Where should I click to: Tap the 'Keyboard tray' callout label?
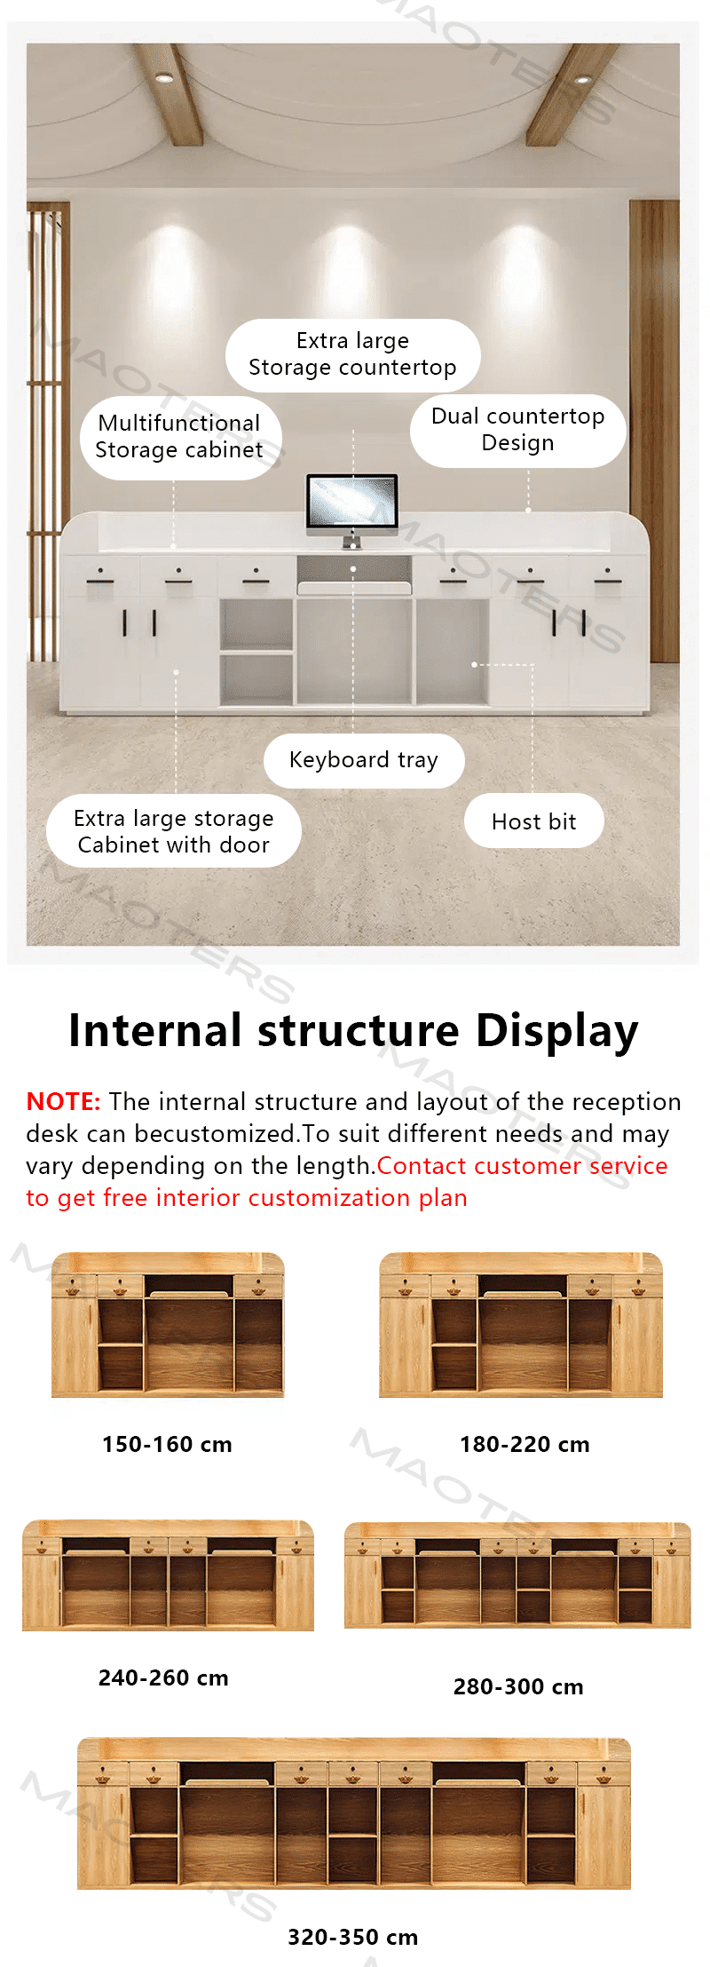coord(364,760)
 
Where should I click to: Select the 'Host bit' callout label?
coord(534,821)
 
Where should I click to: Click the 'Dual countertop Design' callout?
coord(518,430)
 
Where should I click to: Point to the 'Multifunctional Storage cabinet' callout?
coord(179,437)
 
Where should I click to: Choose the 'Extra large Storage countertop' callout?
coord(352,354)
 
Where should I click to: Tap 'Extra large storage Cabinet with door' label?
coord(174,831)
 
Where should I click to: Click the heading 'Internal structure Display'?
coord(354,1031)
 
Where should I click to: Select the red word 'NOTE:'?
coord(63,1102)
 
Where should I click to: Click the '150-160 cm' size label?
coord(167,1445)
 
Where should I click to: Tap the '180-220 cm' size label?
coord(525,1445)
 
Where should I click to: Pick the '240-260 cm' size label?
coord(163,1678)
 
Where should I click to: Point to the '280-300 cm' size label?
coord(518,1687)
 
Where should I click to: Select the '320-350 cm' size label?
coord(352,1938)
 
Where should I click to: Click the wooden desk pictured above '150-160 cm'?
coord(168,1324)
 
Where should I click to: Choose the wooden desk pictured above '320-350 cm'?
coord(354,1812)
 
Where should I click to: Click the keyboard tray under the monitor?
coord(354,588)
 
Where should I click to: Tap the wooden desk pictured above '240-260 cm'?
coord(168,1575)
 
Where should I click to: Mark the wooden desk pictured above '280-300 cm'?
coord(517,1574)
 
